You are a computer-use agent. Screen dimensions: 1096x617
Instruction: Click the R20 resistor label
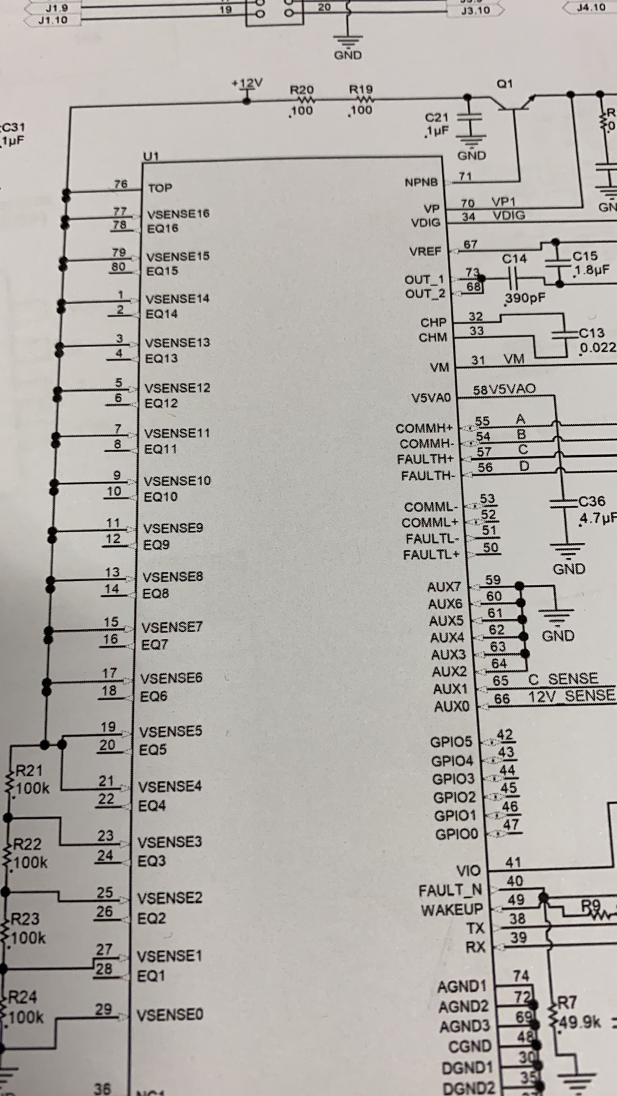point(302,90)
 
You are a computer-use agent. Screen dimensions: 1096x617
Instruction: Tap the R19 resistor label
point(361,89)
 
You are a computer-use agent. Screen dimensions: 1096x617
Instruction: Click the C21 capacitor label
point(436,118)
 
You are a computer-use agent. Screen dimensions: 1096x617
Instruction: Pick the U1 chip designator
point(151,156)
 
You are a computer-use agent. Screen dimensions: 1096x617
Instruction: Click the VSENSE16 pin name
point(178,214)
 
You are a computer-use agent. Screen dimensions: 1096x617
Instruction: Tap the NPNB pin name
point(421,183)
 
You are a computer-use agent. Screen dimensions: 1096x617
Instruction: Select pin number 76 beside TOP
point(120,184)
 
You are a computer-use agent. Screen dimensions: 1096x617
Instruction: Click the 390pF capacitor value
point(525,298)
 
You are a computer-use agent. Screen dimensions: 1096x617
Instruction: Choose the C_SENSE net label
point(563,679)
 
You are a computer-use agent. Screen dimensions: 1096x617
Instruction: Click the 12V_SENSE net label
point(571,696)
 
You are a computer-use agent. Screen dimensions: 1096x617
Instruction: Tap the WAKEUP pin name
point(451,910)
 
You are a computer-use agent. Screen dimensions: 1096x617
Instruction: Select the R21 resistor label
point(29,771)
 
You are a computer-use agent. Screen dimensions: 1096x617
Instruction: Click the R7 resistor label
point(567,1002)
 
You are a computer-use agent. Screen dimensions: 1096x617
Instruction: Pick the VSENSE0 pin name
point(170,1014)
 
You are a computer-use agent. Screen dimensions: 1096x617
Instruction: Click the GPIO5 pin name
point(451,742)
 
